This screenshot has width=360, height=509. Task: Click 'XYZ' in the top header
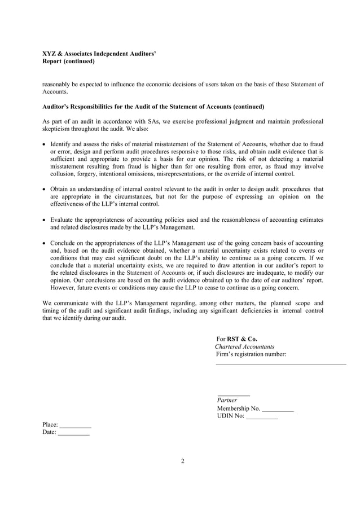[50, 54]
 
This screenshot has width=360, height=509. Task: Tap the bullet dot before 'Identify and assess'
[45, 144]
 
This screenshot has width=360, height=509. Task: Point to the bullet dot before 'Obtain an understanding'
[45, 189]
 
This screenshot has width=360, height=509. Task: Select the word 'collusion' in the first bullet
[63, 174]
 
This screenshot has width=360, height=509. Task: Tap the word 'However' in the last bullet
[64, 287]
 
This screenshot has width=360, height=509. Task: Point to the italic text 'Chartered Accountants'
[245, 346]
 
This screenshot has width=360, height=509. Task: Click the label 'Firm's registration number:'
[251, 354]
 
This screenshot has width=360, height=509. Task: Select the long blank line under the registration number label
[280, 365]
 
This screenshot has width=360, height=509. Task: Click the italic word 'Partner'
[227, 400]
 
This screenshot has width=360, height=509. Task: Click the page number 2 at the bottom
[182, 461]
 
